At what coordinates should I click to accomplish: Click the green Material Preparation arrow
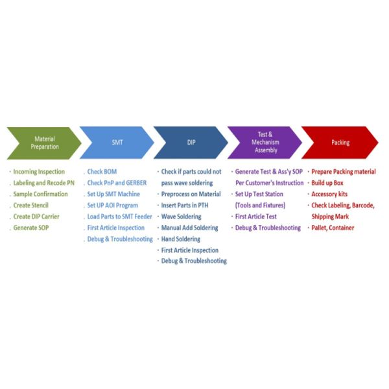click(x=44, y=143)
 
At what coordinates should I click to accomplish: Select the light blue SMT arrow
click(x=117, y=143)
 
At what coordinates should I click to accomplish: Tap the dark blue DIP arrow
click(x=191, y=143)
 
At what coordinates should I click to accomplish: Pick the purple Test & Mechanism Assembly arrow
click(x=265, y=143)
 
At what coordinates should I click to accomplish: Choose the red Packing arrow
click(x=340, y=143)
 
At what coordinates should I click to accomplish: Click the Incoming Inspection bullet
click(x=39, y=172)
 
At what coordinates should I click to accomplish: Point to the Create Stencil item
click(x=30, y=206)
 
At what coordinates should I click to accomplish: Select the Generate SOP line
click(x=31, y=228)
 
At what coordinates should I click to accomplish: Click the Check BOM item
click(x=102, y=172)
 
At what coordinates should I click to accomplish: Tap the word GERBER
click(x=136, y=183)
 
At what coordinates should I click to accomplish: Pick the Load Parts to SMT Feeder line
click(x=119, y=217)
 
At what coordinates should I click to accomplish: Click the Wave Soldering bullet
click(x=181, y=217)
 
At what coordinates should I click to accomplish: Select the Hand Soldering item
click(x=181, y=239)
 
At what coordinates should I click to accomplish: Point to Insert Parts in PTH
click(x=185, y=206)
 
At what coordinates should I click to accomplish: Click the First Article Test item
click(x=256, y=217)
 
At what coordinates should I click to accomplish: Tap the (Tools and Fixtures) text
click(x=260, y=206)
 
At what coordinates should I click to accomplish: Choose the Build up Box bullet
click(x=327, y=183)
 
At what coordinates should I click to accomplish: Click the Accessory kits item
click(x=329, y=194)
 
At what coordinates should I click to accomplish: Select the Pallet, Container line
click(x=333, y=228)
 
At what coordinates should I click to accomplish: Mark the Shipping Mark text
click(x=330, y=217)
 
